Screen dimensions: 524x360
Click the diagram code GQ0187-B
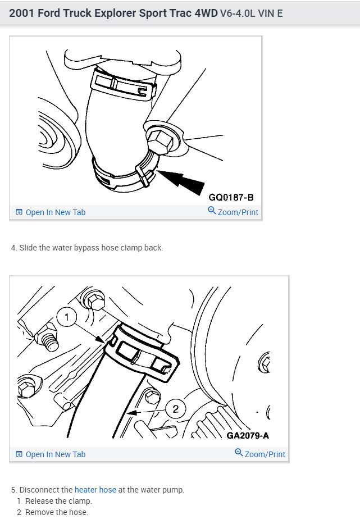point(231,197)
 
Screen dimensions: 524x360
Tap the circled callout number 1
point(67,318)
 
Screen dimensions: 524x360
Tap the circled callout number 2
point(175,409)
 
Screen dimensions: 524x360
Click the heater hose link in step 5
point(95,490)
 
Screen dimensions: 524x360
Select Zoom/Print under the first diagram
point(233,212)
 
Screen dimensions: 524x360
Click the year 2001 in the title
point(23,13)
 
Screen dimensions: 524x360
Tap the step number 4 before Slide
point(13,248)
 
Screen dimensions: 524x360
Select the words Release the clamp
point(58,501)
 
